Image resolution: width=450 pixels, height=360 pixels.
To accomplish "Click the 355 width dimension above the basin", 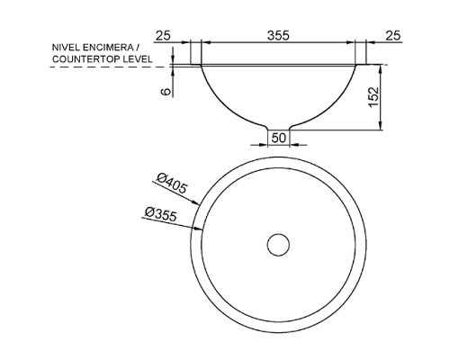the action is pyautogui.click(x=278, y=35).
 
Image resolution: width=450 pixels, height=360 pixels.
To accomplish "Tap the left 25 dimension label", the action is pyautogui.click(x=163, y=36).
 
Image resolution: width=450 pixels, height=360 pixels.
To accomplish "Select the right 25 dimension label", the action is pyautogui.click(x=393, y=36).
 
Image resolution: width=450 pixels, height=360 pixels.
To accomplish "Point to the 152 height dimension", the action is pyautogui.click(x=373, y=97).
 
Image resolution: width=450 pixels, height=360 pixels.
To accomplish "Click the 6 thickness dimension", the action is pyautogui.click(x=166, y=92).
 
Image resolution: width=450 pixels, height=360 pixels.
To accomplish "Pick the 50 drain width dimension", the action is pyautogui.click(x=279, y=138).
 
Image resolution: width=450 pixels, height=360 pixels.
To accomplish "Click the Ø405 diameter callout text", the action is pyautogui.click(x=172, y=184).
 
